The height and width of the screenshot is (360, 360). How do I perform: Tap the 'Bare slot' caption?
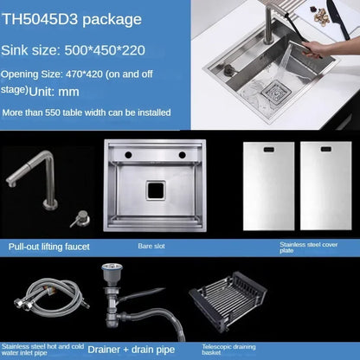[x=151, y=246]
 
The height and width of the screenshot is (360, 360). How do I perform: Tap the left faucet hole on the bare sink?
[x=129, y=154]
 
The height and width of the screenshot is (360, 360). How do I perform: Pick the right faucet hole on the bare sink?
[x=183, y=154]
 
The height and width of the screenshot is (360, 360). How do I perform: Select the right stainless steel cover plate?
[x=326, y=186]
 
